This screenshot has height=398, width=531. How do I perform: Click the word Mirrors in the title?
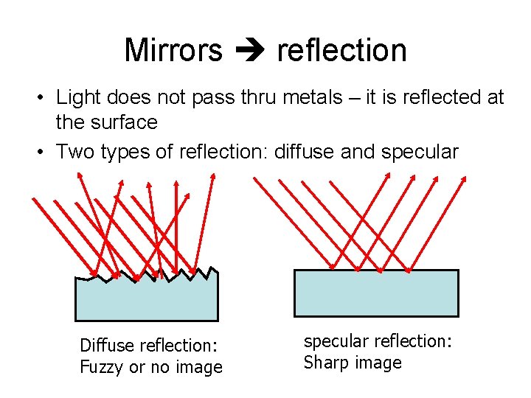tap(173, 50)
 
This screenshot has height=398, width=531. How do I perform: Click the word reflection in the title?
tap(341, 50)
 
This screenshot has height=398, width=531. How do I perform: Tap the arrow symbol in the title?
tap(249, 51)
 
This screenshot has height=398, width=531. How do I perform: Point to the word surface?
tap(121, 122)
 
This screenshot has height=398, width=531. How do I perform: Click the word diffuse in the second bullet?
tap(300, 153)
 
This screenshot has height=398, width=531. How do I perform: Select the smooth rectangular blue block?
tap(376, 293)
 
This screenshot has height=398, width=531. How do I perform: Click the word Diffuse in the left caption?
tap(106, 345)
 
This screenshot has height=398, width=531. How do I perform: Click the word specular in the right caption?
tap(336, 341)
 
